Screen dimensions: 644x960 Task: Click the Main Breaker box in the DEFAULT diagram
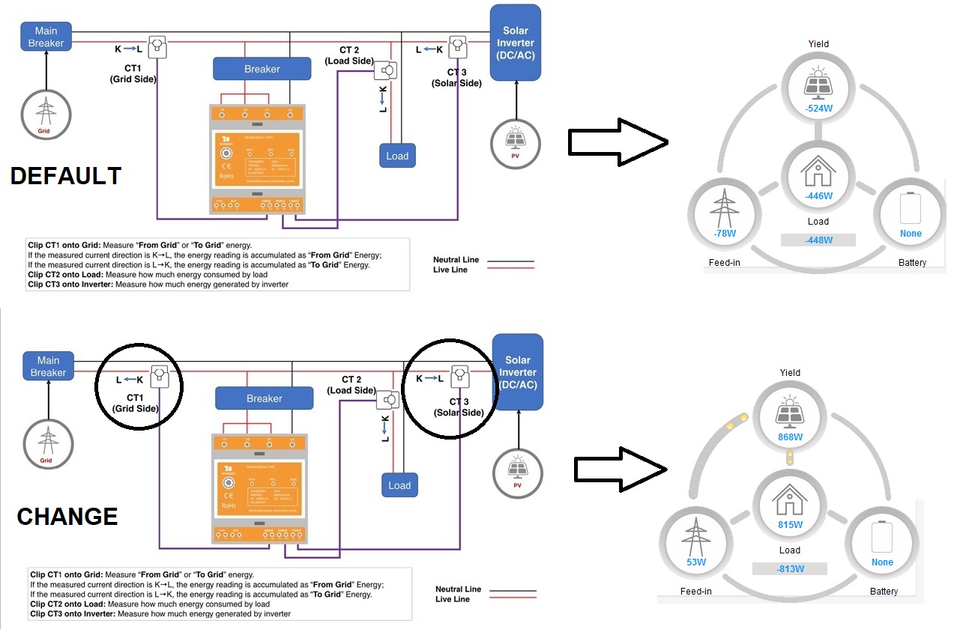point(46,37)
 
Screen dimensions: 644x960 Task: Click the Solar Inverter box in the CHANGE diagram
point(517,372)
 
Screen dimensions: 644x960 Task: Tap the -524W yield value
point(818,107)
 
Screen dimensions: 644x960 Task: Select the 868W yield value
point(790,437)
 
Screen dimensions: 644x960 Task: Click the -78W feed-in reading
point(724,233)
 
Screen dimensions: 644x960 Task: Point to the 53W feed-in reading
point(696,562)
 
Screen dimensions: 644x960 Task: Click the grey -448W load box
point(818,240)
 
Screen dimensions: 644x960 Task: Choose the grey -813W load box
point(790,568)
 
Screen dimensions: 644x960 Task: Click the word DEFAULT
point(66,176)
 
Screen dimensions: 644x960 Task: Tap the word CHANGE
point(67,517)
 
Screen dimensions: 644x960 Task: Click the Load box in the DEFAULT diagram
point(397,156)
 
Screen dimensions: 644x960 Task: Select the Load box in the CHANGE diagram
point(399,485)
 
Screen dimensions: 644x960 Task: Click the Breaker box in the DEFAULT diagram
point(262,69)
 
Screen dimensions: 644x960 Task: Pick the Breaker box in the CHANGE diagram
point(264,398)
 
